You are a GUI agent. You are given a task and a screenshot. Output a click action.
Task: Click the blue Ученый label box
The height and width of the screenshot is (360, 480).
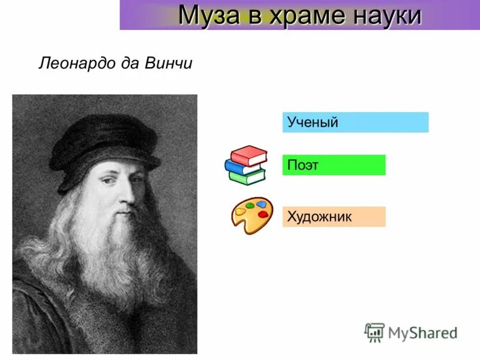click(x=355, y=122)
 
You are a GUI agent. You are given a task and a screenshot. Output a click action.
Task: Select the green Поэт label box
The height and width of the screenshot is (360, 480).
click(x=334, y=165)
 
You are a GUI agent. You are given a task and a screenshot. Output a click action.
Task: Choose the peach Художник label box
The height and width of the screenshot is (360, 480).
click(x=334, y=217)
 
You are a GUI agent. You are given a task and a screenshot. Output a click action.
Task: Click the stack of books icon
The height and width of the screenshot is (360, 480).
click(x=245, y=164)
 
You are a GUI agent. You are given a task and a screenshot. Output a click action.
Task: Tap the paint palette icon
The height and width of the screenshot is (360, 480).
click(x=252, y=215)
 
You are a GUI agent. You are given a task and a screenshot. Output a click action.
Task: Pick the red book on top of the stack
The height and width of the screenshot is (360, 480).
click(x=248, y=155)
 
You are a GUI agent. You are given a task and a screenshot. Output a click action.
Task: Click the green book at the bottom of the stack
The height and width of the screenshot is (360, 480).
click(x=247, y=176)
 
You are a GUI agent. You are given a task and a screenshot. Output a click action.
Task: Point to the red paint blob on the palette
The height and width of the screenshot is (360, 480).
click(x=262, y=214)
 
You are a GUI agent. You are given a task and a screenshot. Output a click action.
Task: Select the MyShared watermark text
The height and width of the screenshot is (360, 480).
click(x=423, y=332)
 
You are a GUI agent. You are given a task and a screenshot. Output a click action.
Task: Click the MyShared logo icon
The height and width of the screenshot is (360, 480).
click(x=374, y=332)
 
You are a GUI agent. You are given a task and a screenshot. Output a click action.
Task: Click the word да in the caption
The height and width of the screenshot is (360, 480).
click(x=129, y=64)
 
